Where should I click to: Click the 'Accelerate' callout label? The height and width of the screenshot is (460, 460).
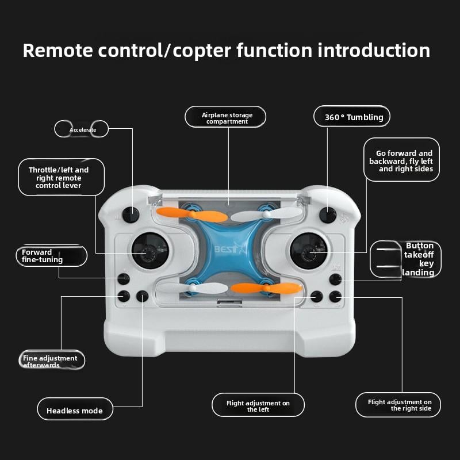82,129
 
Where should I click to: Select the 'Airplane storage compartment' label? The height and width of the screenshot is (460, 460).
226,118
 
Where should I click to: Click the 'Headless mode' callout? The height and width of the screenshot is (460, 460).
75,411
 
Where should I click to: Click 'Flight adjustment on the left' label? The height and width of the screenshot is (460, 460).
258,406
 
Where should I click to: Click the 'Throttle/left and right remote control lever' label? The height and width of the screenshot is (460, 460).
62,177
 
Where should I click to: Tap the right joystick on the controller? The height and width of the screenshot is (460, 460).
308,251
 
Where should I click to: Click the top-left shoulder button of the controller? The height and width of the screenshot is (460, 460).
131,214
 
